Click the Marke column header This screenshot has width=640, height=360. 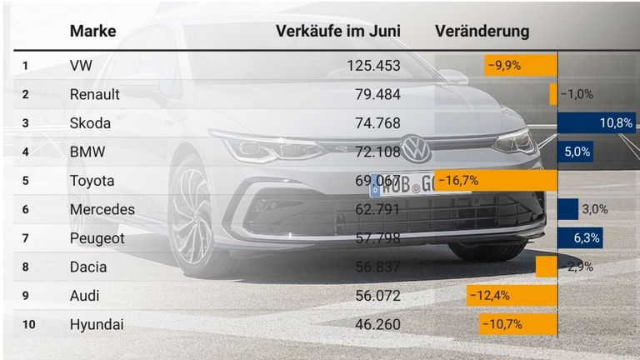(92, 32)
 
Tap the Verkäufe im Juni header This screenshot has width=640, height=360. (338, 32)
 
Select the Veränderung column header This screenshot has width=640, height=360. (482, 32)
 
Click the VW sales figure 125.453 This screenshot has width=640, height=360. (373, 66)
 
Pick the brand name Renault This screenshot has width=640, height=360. (95, 94)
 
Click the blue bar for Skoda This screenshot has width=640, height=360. (596, 123)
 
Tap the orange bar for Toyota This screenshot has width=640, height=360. (495, 181)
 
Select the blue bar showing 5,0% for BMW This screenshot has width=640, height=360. (575, 152)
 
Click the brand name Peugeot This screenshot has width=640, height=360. (97, 238)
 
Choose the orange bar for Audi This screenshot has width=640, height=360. (512, 295)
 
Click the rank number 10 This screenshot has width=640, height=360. (28, 323)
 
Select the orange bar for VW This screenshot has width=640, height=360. (520, 66)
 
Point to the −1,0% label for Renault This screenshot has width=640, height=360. (577, 94)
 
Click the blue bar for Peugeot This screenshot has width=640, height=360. (579, 238)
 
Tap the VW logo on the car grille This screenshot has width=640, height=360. (416, 150)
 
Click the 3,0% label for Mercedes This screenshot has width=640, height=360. (594, 209)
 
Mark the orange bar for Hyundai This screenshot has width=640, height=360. (517, 323)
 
